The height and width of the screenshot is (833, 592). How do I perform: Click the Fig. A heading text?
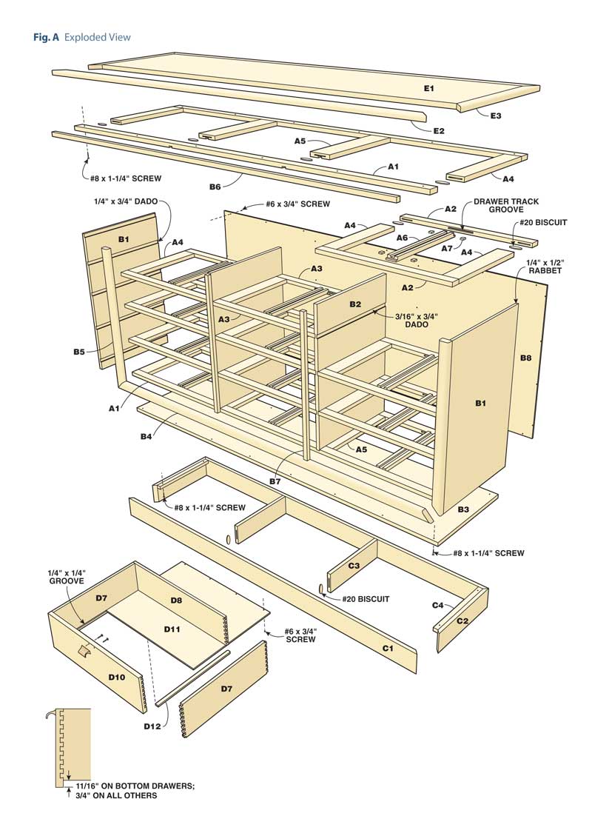[81, 37]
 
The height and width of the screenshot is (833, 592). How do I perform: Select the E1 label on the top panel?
[428, 88]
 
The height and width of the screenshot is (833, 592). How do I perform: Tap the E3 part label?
[495, 116]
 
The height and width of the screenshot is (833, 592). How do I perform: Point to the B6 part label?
[215, 187]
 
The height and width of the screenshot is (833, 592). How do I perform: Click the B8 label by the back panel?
[525, 358]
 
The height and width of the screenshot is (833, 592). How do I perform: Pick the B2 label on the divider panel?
[355, 304]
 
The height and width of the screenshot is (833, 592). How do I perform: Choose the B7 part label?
[275, 482]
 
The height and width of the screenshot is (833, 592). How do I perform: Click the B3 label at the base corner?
[463, 509]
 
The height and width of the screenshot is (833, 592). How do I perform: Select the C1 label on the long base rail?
[388, 648]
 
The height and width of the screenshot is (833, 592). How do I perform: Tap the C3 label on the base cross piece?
[354, 566]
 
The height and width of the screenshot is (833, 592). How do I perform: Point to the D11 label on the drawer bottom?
[172, 629]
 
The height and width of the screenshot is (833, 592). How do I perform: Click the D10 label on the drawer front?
[116, 677]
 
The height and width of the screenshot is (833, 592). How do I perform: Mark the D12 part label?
[152, 726]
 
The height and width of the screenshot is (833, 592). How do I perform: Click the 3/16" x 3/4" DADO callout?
[417, 321]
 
